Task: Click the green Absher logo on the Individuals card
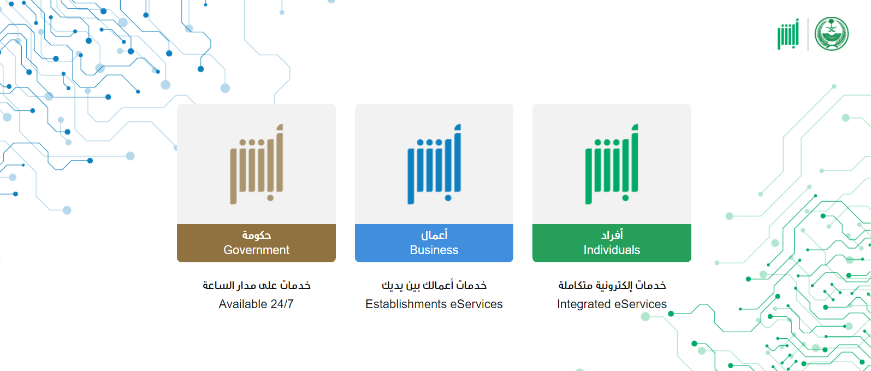point(612,164)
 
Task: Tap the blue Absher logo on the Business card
point(434,164)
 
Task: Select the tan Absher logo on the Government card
point(256,164)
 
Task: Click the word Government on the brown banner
point(256,250)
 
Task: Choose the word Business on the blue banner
point(434,250)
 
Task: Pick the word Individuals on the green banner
point(612,250)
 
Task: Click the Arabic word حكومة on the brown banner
point(256,235)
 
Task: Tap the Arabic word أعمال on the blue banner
point(434,235)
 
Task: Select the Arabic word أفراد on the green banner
point(612,235)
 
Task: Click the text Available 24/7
point(256,304)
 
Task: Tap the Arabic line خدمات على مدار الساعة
point(256,285)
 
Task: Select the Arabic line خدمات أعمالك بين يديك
point(434,285)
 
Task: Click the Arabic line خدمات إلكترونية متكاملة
point(612,285)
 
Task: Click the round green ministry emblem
point(831,34)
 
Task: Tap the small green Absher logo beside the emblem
point(788,34)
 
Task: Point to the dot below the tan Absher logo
point(271,198)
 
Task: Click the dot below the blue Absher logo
point(448,198)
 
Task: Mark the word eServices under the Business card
point(476,304)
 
